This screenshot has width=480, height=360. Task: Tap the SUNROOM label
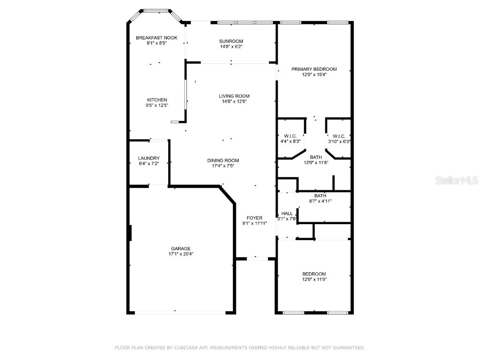[231, 41]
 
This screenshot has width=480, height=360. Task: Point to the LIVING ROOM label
[234, 96]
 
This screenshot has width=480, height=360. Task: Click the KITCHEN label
[157, 100]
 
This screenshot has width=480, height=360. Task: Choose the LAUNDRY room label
[149, 158]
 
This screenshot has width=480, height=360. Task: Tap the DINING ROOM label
[223, 160]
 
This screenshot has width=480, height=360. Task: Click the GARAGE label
[180, 248]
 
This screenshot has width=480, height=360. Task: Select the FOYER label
[255, 218]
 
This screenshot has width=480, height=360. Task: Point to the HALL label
[287, 213]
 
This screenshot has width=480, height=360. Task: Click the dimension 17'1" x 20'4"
[180, 254]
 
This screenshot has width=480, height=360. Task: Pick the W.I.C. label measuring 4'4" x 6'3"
[290, 136]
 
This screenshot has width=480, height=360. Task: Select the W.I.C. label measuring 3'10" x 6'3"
[339, 136]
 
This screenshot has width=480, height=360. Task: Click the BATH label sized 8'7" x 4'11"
[320, 195]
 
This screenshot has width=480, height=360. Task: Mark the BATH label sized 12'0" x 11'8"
[316, 157]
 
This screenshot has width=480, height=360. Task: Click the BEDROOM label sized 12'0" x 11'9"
[314, 274]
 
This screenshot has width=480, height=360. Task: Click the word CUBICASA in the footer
[185, 347]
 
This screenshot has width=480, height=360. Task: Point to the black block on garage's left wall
[130, 233]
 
